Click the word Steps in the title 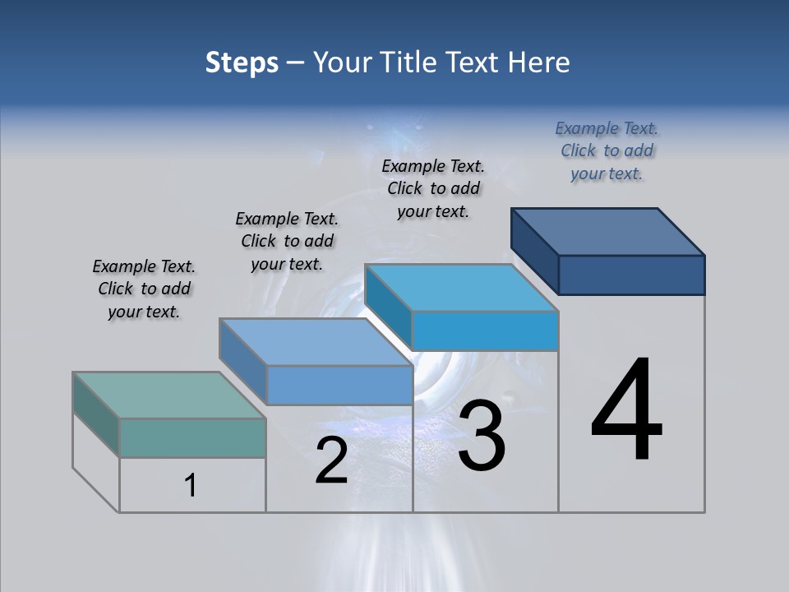pyautogui.click(x=242, y=62)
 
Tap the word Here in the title pyautogui.click(x=539, y=62)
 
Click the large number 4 pyautogui.click(x=626, y=411)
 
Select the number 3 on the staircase pyautogui.click(x=482, y=436)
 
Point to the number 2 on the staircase pyautogui.click(x=331, y=460)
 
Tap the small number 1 pyautogui.click(x=191, y=486)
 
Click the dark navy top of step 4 pyautogui.click(x=608, y=231)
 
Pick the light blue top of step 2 pyautogui.click(x=316, y=341)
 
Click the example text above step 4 pyautogui.click(x=607, y=150)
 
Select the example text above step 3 pyautogui.click(x=433, y=188)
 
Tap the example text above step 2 pyautogui.click(x=287, y=241)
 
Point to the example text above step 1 pyautogui.click(x=144, y=289)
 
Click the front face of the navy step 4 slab pyautogui.click(x=631, y=275)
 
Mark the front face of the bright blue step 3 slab pyautogui.click(x=485, y=331)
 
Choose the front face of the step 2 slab pyautogui.click(x=339, y=385)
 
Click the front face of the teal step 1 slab pyautogui.click(x=192, y=437)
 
